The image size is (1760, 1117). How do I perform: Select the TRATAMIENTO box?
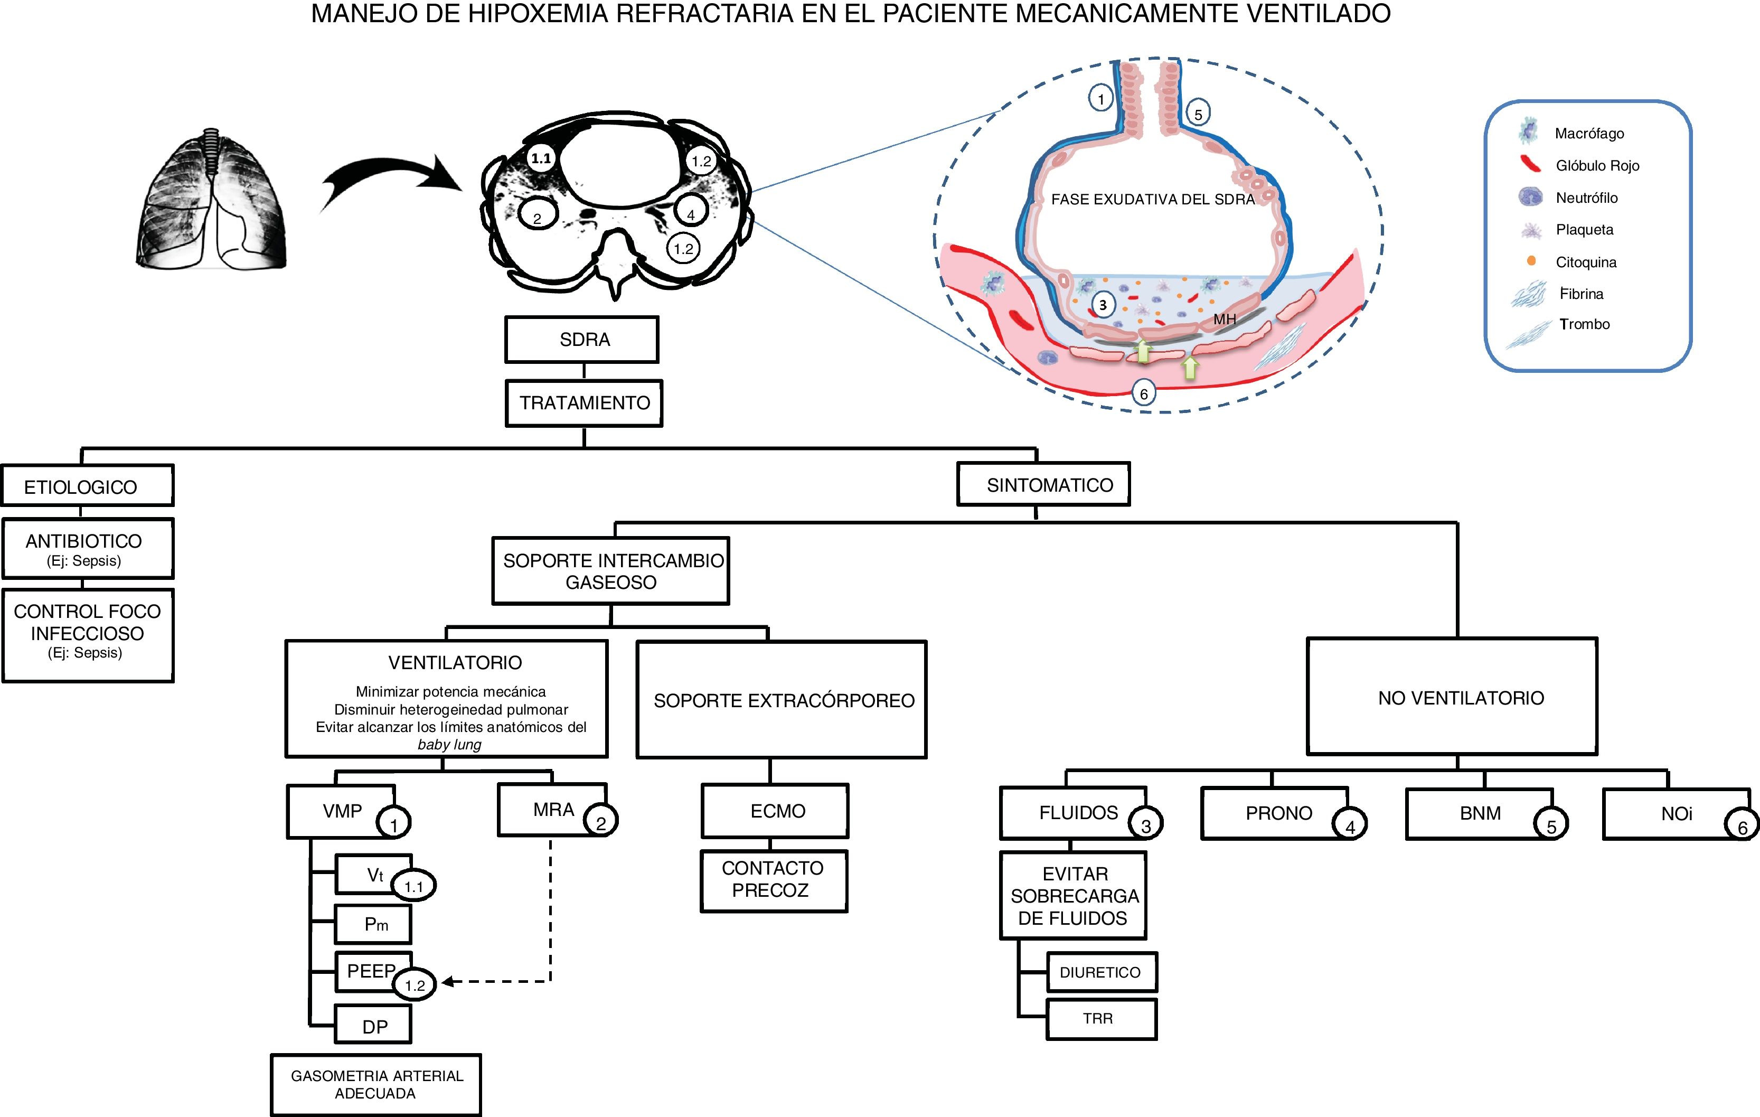(584, 403)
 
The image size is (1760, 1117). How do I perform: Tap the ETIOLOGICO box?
(87, 486)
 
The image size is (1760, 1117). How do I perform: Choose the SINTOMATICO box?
(1043, 485)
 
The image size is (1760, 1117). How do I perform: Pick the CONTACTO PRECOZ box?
(773, 880)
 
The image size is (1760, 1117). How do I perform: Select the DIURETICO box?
(1101, 972)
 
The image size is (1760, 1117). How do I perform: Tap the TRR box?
(1101, 1018)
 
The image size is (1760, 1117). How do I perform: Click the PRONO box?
(1274, 813)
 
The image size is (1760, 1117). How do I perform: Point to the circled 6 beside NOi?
(1742, 827)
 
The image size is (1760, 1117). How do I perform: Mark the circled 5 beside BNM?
(1550, 826)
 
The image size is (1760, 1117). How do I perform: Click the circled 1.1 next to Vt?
(413, 887)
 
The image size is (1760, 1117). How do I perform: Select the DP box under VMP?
(373, 1025)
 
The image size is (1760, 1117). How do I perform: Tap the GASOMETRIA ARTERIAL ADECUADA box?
(375, 1085)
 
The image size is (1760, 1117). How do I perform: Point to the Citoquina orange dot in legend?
(1531, 261)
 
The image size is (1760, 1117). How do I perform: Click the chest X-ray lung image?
(211, 199)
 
